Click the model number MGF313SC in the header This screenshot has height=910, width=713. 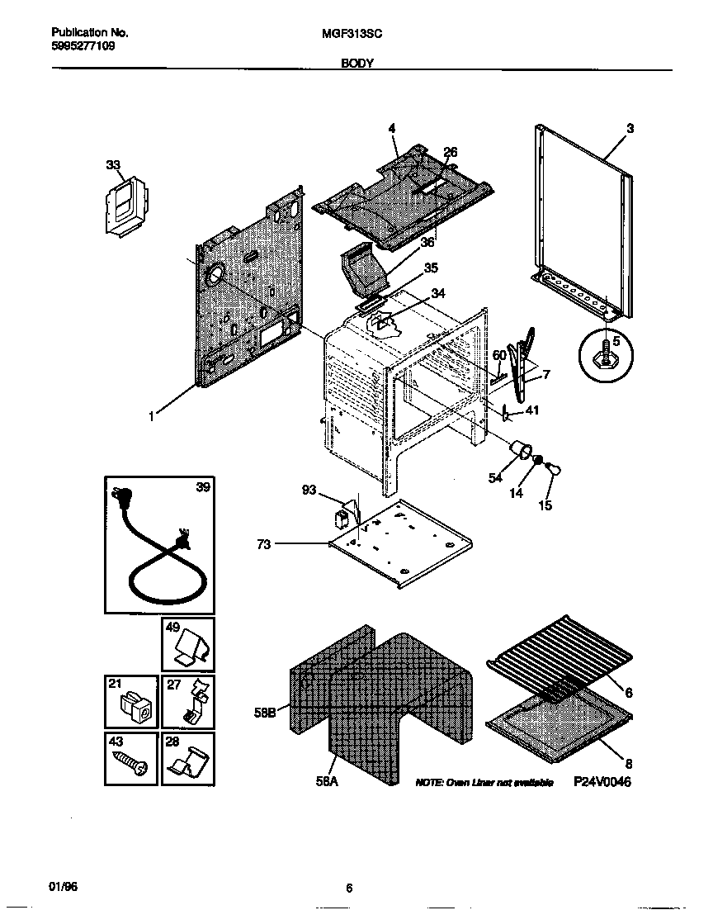click(x=359, y=34)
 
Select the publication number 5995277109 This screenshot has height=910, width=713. click(x=83, y=46)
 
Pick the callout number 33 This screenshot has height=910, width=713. click(x=112, y=165)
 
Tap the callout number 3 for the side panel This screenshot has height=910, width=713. click(x=630, y=128)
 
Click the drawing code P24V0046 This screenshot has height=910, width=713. click(x=602, y=782)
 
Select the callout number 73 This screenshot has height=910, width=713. click(x=263, y=543)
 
